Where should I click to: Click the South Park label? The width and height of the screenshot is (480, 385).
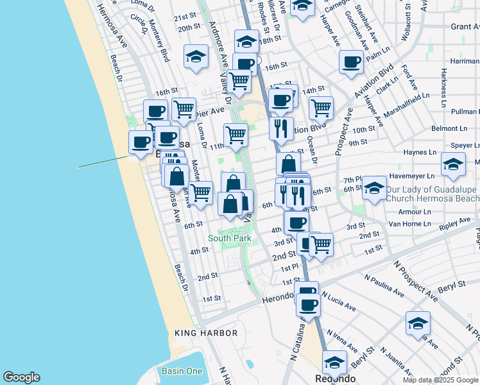tap(229, 238)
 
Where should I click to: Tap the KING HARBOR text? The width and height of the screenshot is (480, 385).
tap(206, 333)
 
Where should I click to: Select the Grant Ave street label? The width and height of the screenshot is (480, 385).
tap(465, 26)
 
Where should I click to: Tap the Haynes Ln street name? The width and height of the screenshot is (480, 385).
tap(420, 153)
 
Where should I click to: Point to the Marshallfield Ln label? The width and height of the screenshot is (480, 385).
tap(406, 107)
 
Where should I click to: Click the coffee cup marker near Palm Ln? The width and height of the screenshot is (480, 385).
tap(351, 62)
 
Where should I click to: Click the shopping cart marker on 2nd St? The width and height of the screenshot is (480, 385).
tap(321, 244)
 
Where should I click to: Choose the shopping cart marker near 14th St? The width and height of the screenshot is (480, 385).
tap(321, 107)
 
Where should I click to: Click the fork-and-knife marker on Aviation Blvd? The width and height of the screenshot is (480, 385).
tap(281, 128)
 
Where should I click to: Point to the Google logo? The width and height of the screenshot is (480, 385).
tap(21, 377)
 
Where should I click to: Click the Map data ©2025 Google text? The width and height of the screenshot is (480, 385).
tap(440, 380)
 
